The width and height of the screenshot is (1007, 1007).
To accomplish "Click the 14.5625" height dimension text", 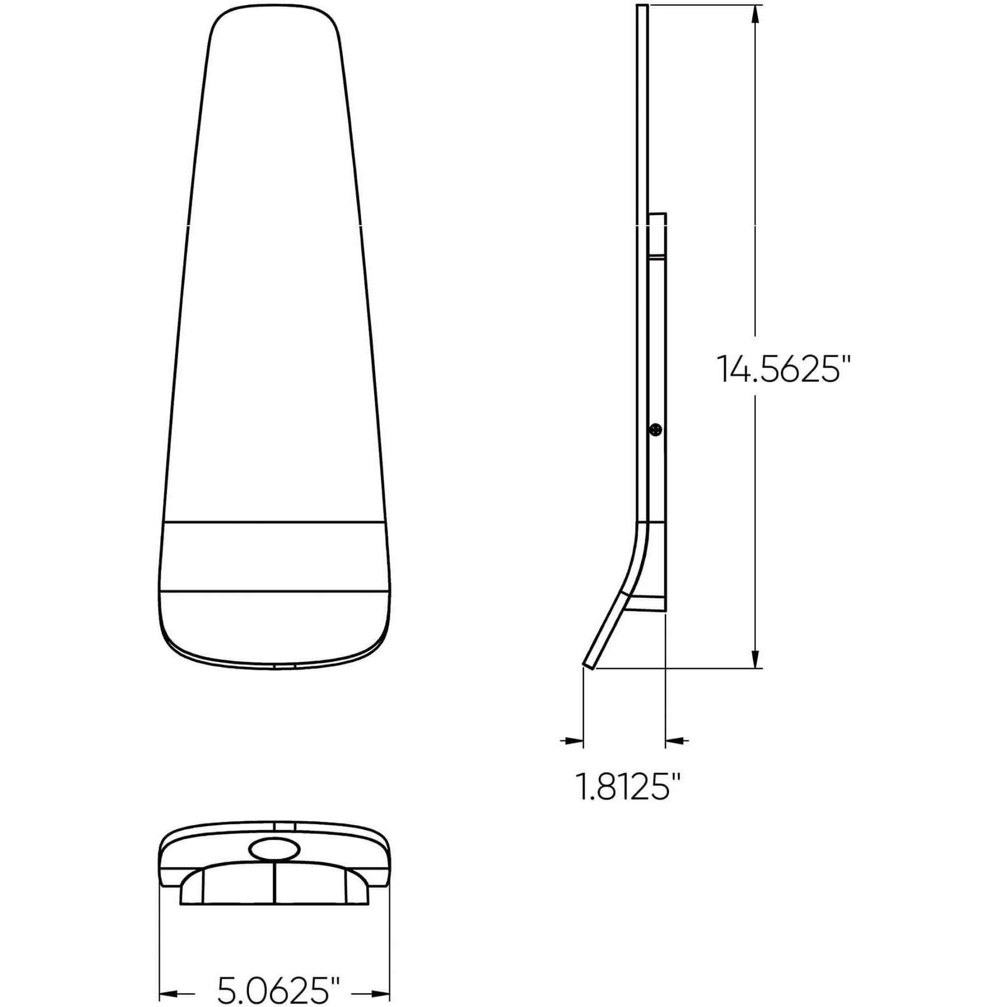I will pyautogui.click(x=783, y=369).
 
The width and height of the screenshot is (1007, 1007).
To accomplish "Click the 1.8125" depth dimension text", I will pyautogui.click(x=628, y=786).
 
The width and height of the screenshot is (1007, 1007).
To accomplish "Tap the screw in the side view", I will pyautogui.click(x=657, y=430).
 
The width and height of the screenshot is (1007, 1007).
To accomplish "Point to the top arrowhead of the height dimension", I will pyautogui.click(x=756, y=14).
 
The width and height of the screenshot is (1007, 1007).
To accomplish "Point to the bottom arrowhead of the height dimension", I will pyautogui.click(x=756, y=659).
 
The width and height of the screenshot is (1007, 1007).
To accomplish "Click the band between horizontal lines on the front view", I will pyautogui.click(x=274, y=557).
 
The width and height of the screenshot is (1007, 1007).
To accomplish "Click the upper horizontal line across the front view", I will pyautogui.click(x=274, y=522).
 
